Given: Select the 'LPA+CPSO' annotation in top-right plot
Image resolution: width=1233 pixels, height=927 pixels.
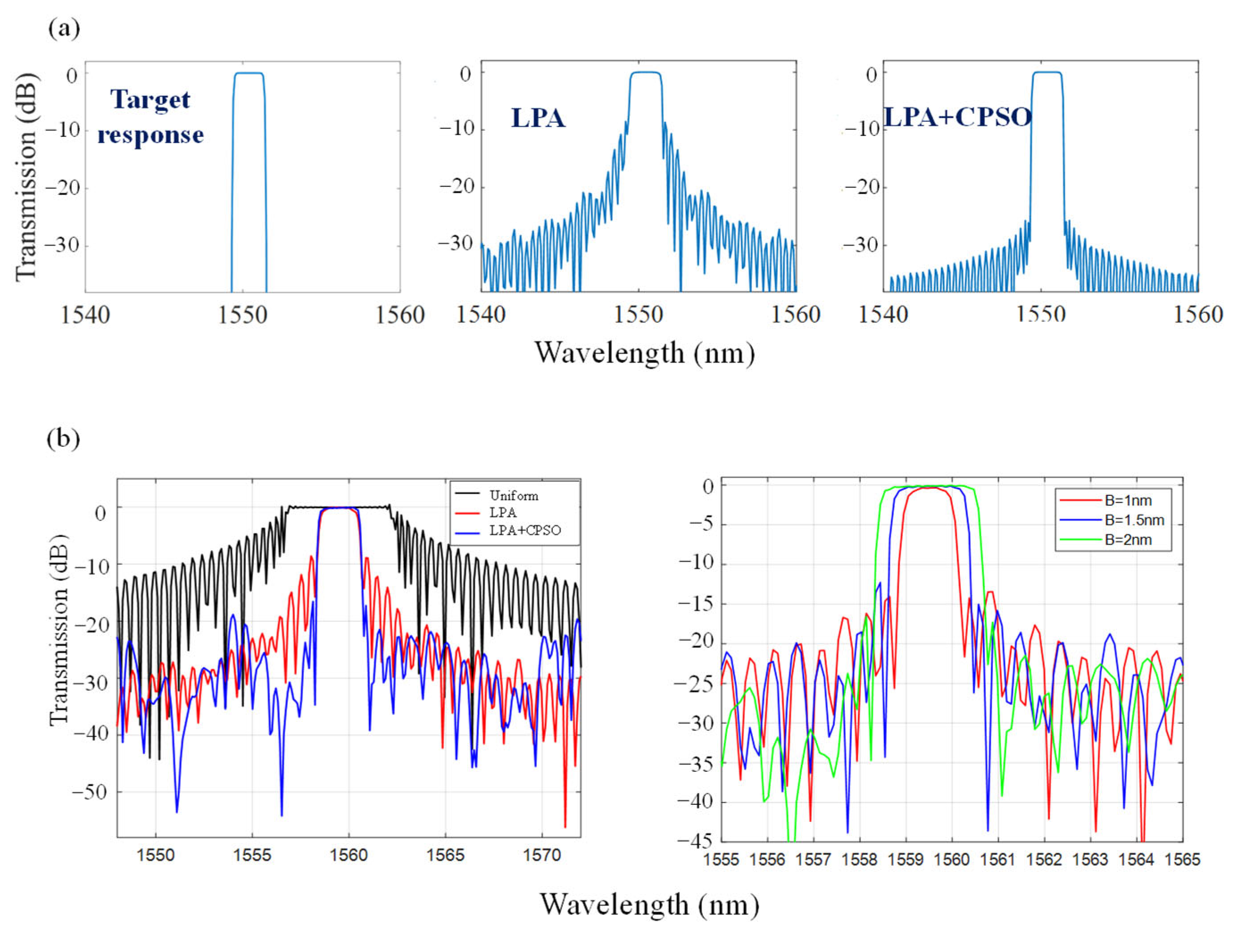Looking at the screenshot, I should [x=958, y=117].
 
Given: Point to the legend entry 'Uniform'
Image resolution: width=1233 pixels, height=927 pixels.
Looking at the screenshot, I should [x=513, y=495].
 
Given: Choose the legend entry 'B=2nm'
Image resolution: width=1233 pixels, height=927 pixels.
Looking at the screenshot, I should [x=1128, y=540].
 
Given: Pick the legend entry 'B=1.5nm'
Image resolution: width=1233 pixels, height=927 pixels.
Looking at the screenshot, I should [x=1134, y=520].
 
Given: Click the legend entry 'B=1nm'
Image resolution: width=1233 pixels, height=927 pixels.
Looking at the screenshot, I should [x=1128, y=500].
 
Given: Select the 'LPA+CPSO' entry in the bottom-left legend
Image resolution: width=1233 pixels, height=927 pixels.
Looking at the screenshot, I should [x=524, y=530].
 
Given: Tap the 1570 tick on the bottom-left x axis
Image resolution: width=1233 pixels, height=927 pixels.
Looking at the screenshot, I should [x=542, y=855].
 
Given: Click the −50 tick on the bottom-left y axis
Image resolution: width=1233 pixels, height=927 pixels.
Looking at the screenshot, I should [x=89, y=791].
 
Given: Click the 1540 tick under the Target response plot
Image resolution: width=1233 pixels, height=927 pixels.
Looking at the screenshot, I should [x=85, y=315].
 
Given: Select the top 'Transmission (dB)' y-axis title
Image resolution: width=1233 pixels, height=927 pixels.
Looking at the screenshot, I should [x=26, y=177].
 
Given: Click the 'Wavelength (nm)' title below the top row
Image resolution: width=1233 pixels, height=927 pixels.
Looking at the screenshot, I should [x=644, y=353].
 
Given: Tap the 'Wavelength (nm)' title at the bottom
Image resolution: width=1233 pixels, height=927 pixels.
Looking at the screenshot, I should [x=649, y=904].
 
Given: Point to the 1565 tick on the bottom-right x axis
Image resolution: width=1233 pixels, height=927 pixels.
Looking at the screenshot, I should [x=1182, y=860].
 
